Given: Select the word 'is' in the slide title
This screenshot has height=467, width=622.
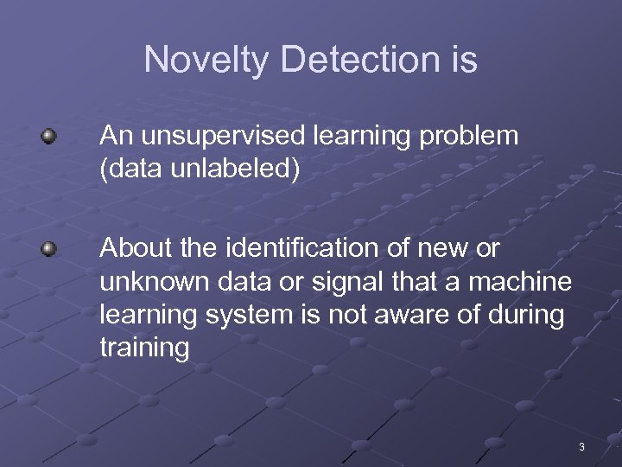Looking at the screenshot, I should click(463, 60).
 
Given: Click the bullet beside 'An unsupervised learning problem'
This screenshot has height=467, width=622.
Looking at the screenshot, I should click(50, 136).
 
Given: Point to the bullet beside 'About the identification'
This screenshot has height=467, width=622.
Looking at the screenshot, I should click(50, 249).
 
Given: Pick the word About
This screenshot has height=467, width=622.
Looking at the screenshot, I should click(132, 249).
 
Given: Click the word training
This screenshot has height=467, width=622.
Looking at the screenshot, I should click(144, 349).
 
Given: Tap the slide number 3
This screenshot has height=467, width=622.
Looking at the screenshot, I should click(581, 447).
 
